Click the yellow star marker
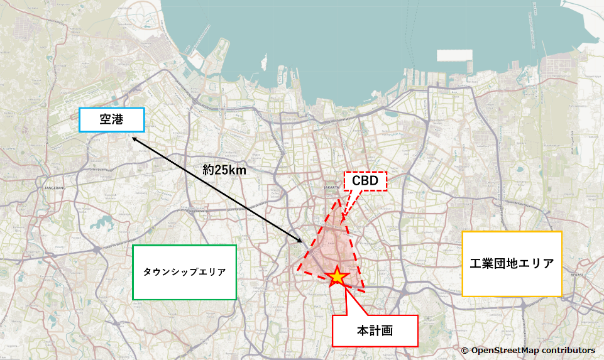[338, 276]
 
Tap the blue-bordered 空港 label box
[112, 119]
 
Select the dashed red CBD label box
[365, 181]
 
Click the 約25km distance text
[224, 170]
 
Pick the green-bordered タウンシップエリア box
[184, 272]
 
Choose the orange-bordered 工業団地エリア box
[512, 264]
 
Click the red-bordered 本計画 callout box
[375, 330]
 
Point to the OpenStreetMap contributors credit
[528, 350]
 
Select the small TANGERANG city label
[55, 188]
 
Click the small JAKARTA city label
[331, 187]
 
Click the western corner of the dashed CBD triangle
[298, 273]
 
